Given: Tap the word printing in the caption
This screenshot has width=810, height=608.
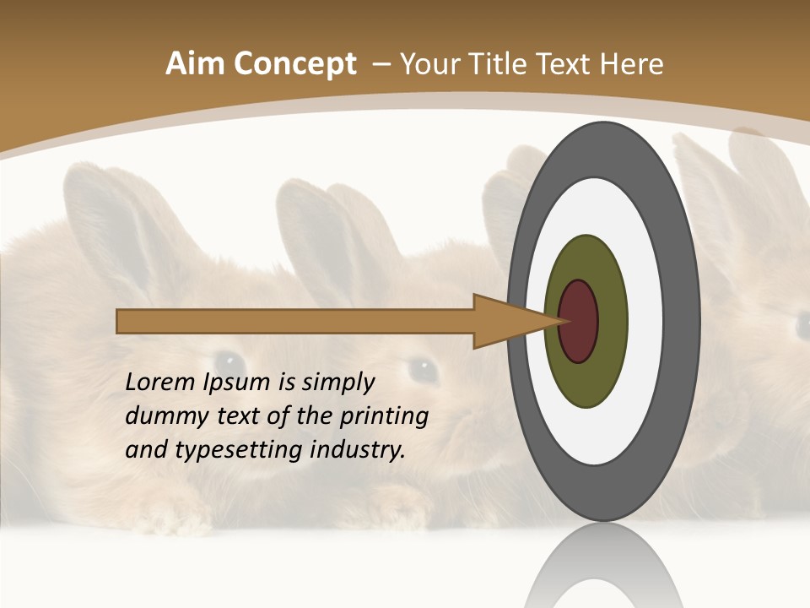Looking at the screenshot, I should [384, 417].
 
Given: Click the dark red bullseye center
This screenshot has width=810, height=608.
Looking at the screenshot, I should [579, 321].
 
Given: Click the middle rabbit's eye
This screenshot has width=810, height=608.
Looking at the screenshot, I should [421, 369].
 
